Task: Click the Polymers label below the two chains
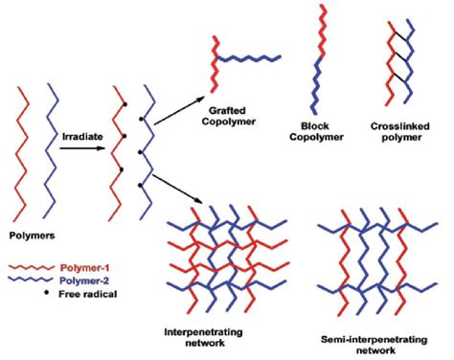[31, 233]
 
